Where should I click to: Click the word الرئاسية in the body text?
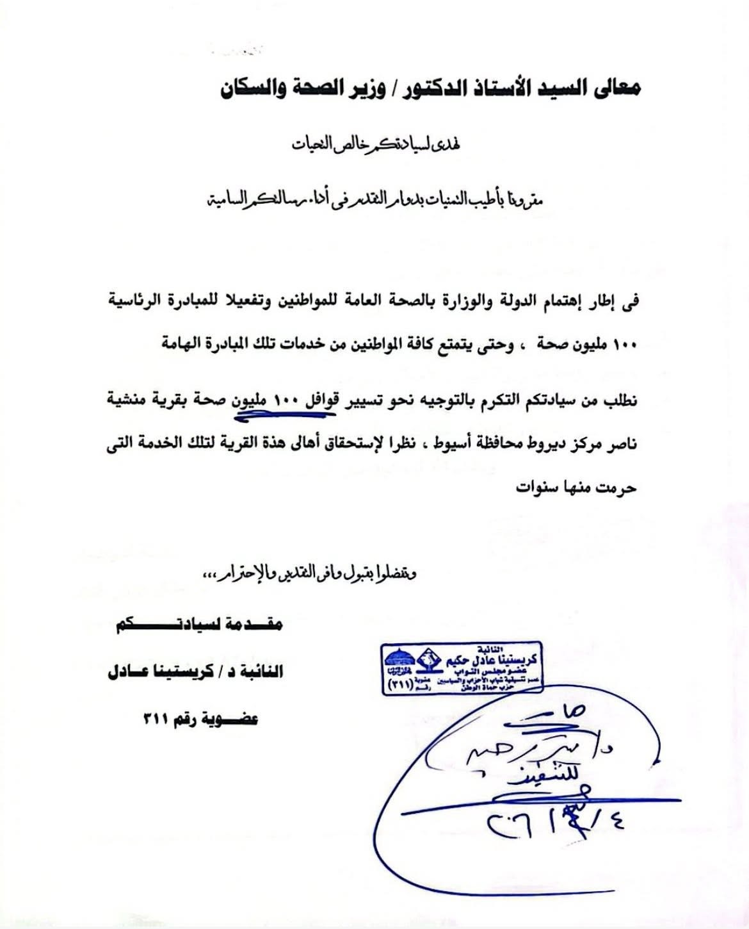pyautogui.click(x=144, y=300)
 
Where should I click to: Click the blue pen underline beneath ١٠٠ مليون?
pyautogui.click(x=285, y=415)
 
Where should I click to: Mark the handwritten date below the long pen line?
pyautogui.click(x=557, y=821)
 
